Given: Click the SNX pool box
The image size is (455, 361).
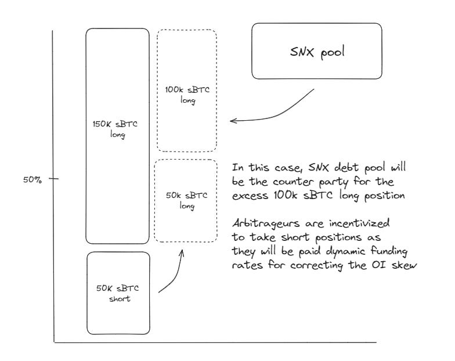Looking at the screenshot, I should [x=316, y=51].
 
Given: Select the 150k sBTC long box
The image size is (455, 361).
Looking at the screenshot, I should [x=118, y=136].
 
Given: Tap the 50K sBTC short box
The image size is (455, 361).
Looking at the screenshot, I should [x=118, y=293].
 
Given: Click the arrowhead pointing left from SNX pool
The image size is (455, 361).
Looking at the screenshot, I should [x=233, y=121].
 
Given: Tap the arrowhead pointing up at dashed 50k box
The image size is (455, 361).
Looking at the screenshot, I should [x=182, y=252].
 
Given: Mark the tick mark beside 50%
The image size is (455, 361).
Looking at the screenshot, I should [x=54, y=179].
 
